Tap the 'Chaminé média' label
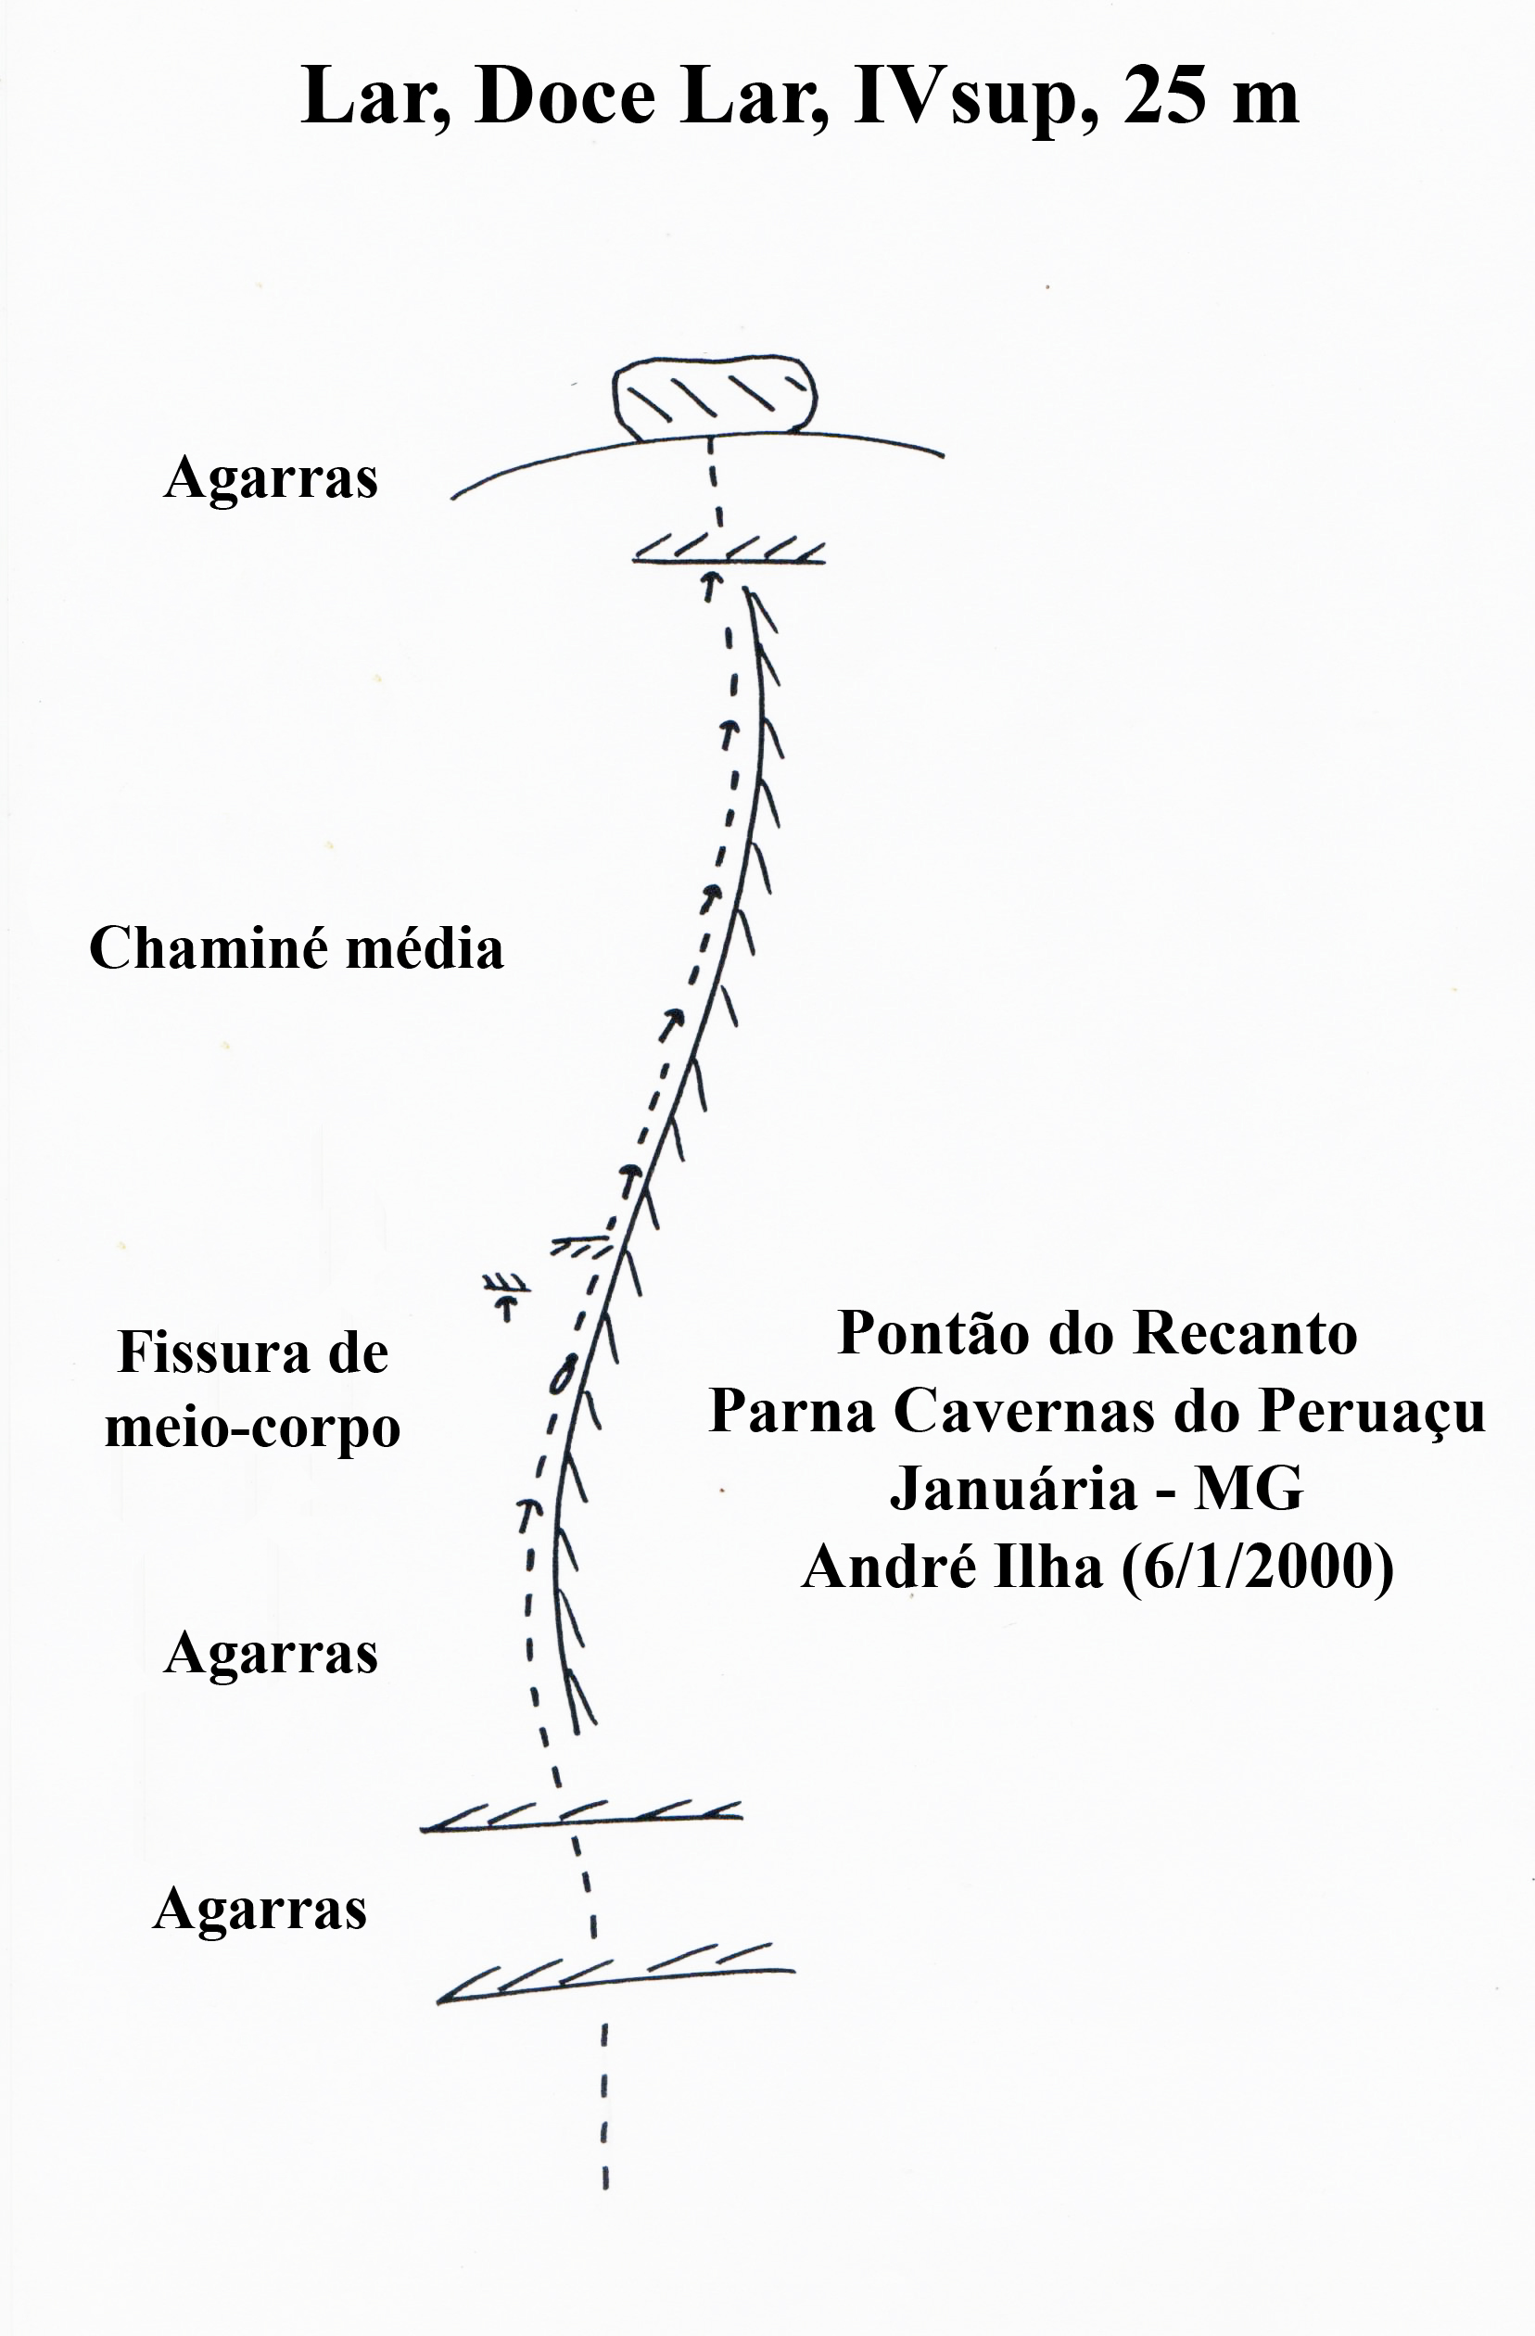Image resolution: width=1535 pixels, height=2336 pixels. (297, 949)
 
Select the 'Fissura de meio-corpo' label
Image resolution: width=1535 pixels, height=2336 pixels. (252, 1390)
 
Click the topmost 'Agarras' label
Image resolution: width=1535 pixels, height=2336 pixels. (271, 479)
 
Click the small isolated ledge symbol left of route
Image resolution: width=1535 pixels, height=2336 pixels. (506, 1295)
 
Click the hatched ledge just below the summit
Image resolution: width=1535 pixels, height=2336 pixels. (729, 551)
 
